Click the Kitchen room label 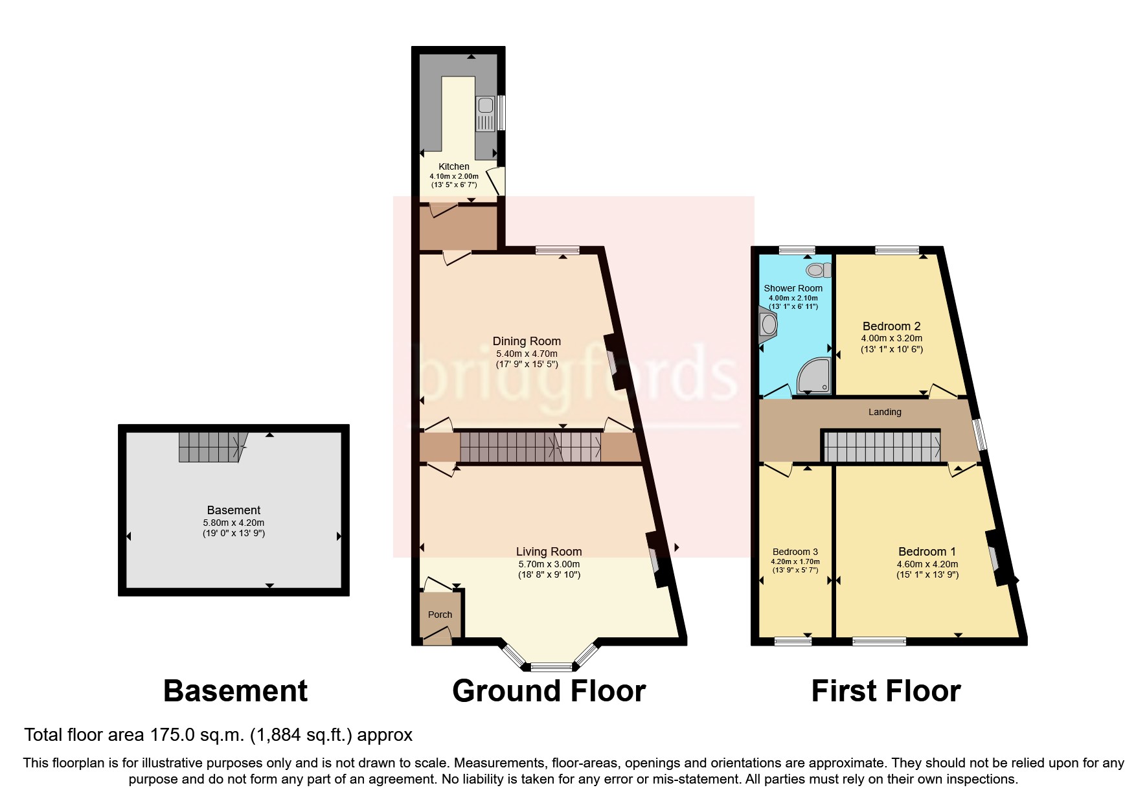[x=453, y=166]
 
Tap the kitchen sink [x=484, y=114]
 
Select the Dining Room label [x=527, y=341]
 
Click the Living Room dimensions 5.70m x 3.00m [x=549, y=564]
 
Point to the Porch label [x=440, y=615]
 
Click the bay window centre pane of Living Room [x=552, y=666]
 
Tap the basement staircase [x=211, y=447]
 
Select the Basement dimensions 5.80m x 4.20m [x=233, y=523]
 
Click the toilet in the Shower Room [x=817, y=269]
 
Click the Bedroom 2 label [x=891, y=326]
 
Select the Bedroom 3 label [x=795, y=552]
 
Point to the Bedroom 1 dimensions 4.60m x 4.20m [x=927, y=564]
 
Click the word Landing [x=885, y=412]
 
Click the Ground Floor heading [x=549, y=691]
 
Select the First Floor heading [x=885, y=691]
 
